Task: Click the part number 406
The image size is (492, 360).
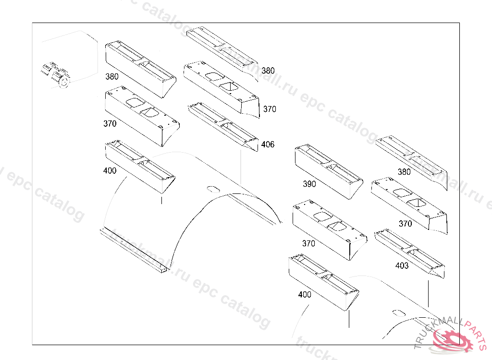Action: [268, 144]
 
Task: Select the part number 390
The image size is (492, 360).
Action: [309, 184]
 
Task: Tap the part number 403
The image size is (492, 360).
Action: [402, 266]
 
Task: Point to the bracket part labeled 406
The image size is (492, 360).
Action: [224, 125]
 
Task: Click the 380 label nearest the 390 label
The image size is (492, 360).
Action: [404, 172]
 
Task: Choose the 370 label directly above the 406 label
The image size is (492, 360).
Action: [270, 109]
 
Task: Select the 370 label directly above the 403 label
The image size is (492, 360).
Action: [405, 224]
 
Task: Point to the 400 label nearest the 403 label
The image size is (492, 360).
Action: [305, 295]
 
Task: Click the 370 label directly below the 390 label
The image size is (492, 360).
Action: [308, 243]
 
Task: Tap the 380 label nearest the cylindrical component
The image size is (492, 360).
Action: [112, 76]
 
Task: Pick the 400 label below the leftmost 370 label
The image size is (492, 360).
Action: [110, 170]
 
